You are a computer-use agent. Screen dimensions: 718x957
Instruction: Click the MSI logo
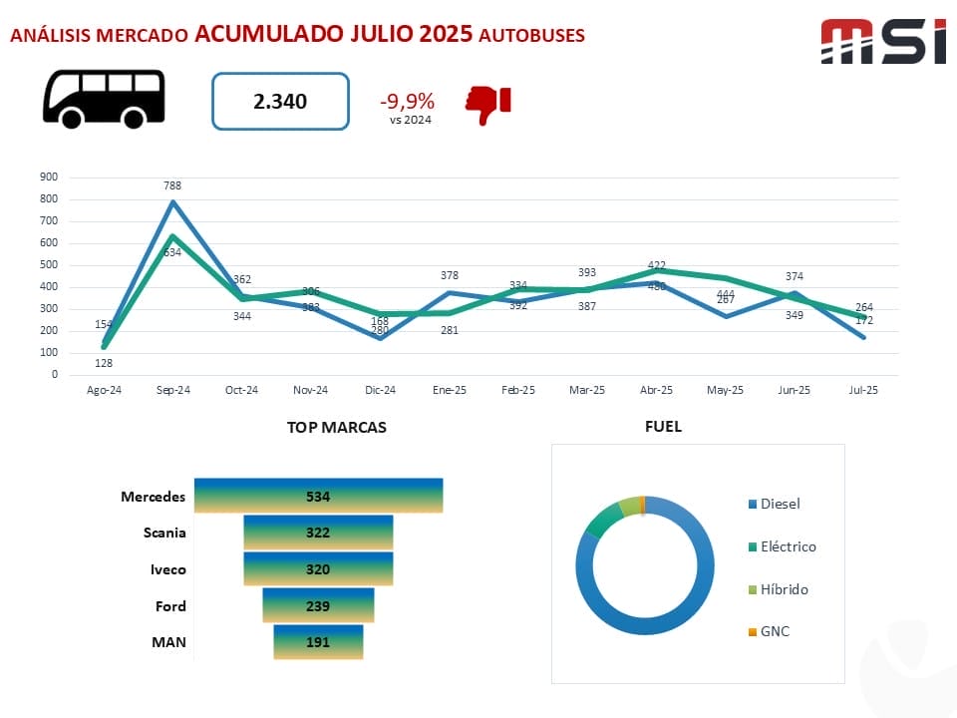coord(882,42)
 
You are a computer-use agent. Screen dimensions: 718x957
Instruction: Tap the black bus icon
coord(104,98)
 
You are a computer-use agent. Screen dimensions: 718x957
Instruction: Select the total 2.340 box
coord(280,101)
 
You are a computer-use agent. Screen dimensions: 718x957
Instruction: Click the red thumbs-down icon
coord(487,104)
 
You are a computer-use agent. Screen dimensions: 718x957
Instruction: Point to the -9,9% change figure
coord(407,101)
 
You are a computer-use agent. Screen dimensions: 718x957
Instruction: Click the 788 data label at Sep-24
coord(173,185)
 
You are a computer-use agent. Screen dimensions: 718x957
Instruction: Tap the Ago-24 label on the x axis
coord(104,390)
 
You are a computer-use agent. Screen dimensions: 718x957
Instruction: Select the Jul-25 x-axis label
coord(863,390)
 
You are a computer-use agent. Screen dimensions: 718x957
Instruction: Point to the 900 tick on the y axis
coord(49,178)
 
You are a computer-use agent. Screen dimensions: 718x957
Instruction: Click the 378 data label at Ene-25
coord(450,275)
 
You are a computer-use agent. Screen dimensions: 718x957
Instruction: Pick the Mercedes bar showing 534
coord(318,496)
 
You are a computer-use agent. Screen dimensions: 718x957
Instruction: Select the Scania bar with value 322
coord(318,533)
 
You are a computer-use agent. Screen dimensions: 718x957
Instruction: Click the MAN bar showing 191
coord(318,642)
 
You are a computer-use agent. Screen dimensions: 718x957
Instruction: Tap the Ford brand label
coord(170,606)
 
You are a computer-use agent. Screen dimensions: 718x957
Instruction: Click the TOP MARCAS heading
coord(336,427)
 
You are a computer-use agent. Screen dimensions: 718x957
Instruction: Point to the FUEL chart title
coord(663,427)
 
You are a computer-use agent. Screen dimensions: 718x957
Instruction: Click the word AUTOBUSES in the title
coord(531,35)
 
